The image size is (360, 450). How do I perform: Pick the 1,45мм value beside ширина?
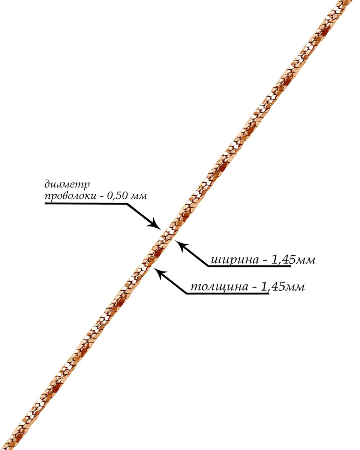(293, 259)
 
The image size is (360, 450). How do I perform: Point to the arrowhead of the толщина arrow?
(159, 273)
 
